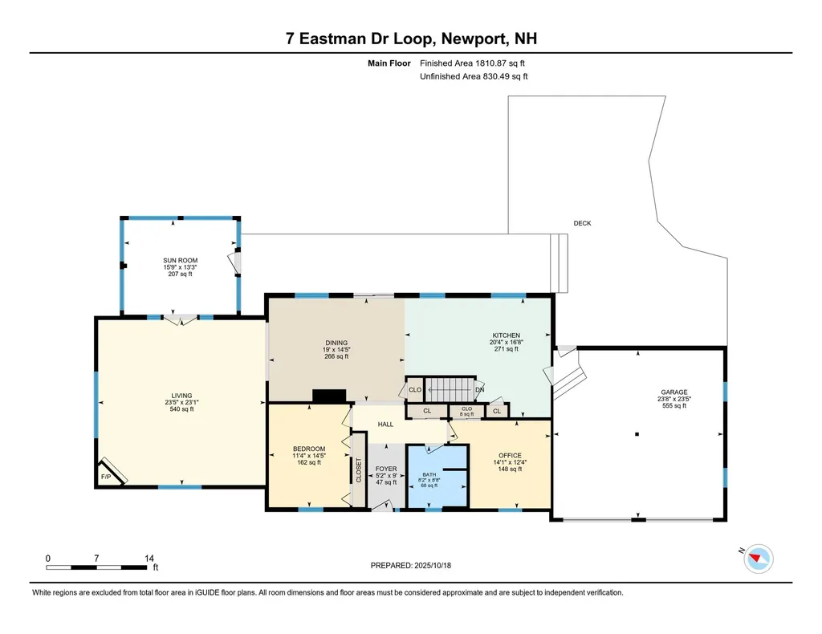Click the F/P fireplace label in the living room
click(x=105, y=477)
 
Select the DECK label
click(x=582, y=223)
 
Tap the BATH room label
click(x=429, y=474)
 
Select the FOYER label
click(x=386, y=469)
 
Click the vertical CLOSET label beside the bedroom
click(x=358, y=469)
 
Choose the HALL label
click(x=385, y=425)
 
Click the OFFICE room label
click(x=510, y=456)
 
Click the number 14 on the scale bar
click(x=148, y=557)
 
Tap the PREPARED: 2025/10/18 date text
click(x=411, y=566)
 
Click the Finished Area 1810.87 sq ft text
click(x=473, y=63)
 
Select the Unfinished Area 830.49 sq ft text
click(x=474, y=76)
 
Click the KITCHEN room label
click(x=507, y=335)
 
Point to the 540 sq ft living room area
click(x=181, y=409)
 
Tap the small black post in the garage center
click(x=637, y=434)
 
